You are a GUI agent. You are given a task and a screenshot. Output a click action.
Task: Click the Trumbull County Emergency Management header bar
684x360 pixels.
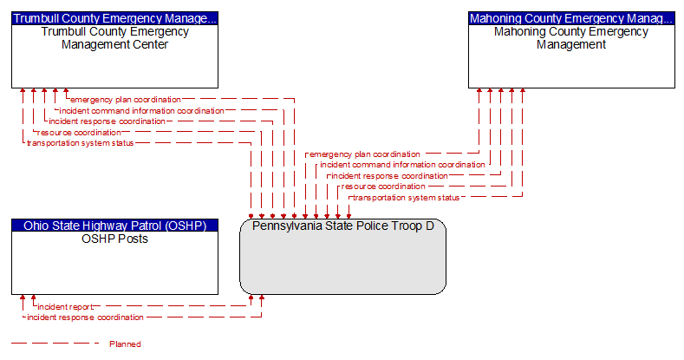click(114, 17)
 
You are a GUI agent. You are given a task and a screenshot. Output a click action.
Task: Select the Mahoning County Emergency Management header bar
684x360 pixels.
click(571, 17)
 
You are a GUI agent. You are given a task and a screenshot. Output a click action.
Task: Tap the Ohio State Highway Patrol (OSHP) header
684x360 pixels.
click(114, 226)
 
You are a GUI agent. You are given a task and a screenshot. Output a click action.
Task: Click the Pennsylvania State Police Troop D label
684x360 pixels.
click(342, 226)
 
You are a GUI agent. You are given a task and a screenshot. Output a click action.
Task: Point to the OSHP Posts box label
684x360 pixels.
click(114, 239)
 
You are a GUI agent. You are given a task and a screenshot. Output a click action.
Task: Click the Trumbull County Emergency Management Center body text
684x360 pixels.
click(114, 38)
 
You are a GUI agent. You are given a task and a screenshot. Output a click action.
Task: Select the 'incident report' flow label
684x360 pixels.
click(66, 307)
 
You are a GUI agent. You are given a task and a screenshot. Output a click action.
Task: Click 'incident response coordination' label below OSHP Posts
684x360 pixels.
click(85, 317)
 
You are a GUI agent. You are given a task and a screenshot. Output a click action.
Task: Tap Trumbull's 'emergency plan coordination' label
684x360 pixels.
click(127, 100)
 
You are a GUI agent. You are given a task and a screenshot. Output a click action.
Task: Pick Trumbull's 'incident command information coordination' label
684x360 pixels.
click(141, 111)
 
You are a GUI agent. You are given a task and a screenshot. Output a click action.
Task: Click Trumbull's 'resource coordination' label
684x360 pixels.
click(79, 133)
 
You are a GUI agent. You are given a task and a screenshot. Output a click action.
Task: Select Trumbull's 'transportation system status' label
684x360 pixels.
click(81, 143)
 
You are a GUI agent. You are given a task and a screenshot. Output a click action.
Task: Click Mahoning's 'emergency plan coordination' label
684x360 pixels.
click(365, 154)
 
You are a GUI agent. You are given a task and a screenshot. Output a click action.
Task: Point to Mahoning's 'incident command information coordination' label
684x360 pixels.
click(402, 165)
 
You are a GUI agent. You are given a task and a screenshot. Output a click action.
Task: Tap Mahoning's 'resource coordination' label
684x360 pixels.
click(383, 187)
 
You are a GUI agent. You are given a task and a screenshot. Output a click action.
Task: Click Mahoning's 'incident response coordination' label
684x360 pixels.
click(388, 176)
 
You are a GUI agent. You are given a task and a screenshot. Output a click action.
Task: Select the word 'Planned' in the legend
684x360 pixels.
click(125, 344)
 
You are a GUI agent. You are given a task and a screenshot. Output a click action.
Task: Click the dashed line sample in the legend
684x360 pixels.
click(52, 344)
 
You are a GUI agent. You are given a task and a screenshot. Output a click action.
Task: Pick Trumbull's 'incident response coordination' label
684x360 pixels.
click(107, 121)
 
